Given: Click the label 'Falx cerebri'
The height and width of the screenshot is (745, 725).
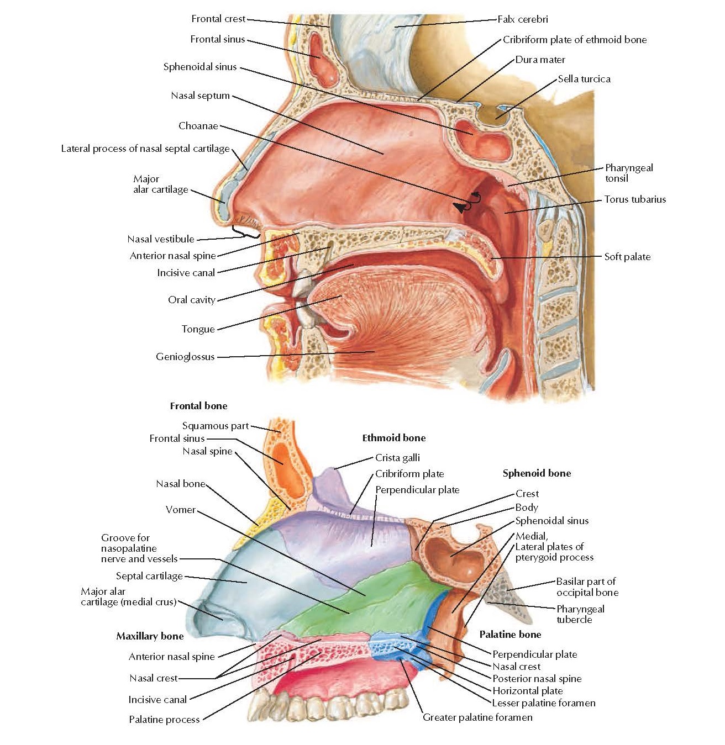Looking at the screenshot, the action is click(522, 19).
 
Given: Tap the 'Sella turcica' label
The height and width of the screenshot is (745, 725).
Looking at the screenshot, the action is click(584, 79).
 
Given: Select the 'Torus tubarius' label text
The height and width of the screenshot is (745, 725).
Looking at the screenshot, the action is click(635, 199).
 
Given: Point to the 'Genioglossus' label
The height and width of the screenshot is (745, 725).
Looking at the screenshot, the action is click(185, 357).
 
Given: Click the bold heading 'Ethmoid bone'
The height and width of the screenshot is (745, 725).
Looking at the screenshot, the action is click(394, 438).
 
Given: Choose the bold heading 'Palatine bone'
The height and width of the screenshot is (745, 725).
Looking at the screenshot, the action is click(510, 635).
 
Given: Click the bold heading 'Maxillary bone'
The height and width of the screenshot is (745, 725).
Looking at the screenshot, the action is click(150, 636).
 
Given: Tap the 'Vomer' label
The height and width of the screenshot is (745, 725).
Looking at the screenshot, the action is click(181, 510).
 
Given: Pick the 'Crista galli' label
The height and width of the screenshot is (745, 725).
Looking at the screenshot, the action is click(397, 458).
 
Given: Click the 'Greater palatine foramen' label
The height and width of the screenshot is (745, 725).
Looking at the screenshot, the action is click(477, 717).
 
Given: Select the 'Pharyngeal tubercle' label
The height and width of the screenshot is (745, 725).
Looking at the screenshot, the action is click(580, 614).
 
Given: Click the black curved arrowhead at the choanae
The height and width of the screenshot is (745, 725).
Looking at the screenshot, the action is click(459, 207).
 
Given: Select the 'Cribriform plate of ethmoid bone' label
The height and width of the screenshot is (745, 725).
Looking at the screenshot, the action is click(575, 40).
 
